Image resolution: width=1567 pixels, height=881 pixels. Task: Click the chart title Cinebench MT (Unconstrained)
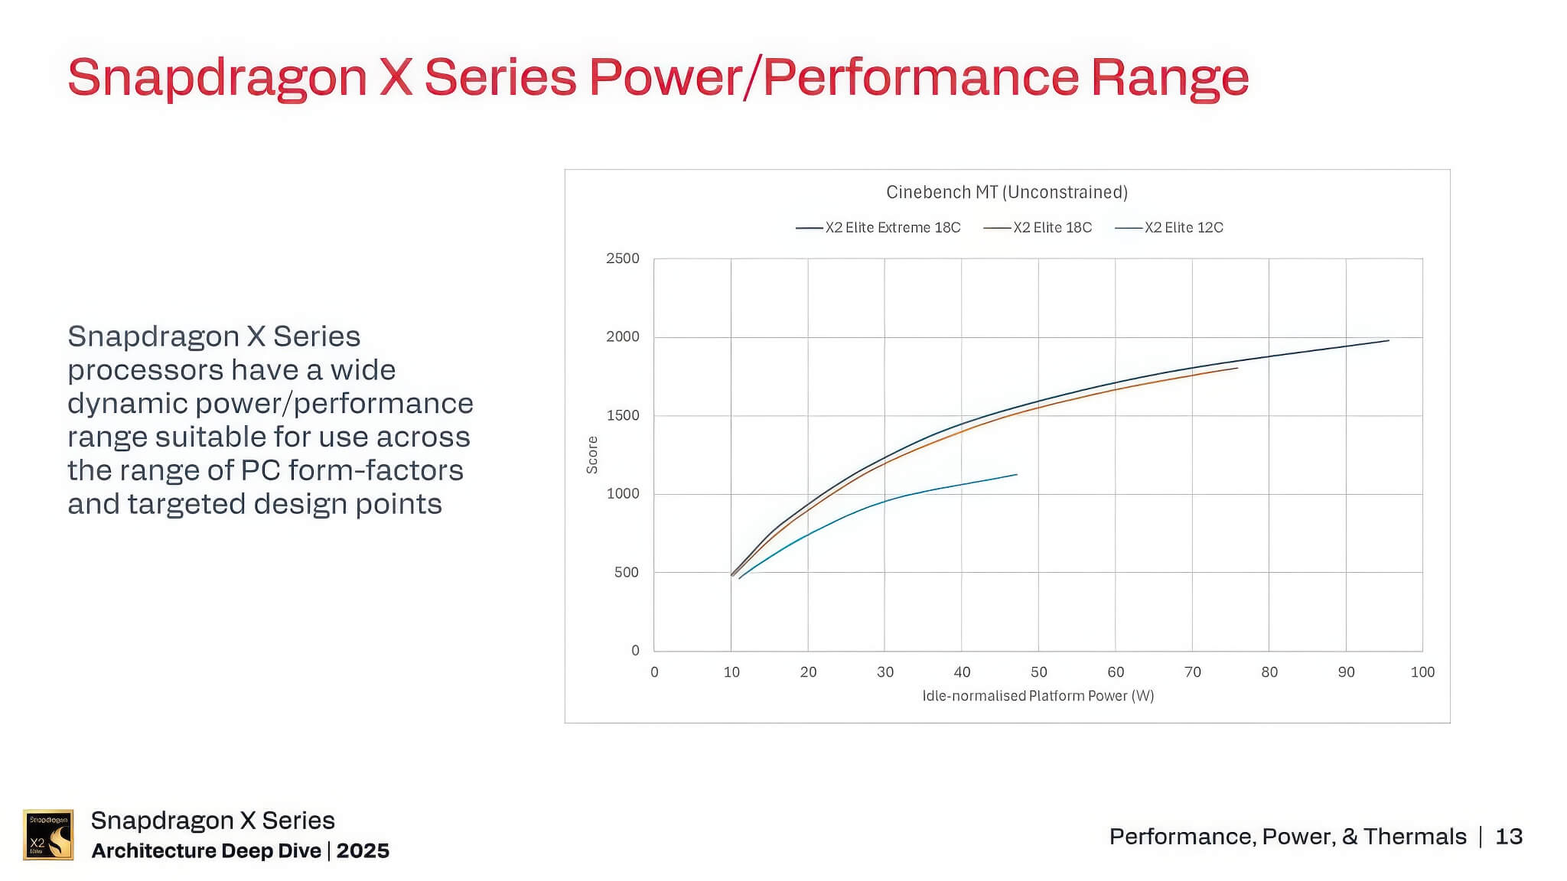[1006, 192]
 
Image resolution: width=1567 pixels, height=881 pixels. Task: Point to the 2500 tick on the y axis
[622, 258]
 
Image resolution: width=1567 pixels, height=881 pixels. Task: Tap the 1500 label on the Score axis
[622, 415]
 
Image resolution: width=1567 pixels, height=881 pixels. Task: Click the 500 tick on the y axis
[626, 572]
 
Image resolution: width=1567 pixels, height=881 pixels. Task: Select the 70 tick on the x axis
[1192, 672]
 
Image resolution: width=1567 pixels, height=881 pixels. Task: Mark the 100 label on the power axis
[1422, 672]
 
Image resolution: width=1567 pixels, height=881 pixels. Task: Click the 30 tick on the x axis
[884, 672]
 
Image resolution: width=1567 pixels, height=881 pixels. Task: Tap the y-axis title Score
[592, 455]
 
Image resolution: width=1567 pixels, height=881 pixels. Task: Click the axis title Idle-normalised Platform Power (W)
[1038, 696]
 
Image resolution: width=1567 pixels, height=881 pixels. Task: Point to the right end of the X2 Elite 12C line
[1017, 475]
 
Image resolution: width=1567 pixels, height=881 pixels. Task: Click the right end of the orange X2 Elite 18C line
[1237, 368]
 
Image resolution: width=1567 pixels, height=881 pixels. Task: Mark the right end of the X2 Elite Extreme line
[1389, 340]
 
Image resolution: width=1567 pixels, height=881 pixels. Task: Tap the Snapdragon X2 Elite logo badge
[48, 834]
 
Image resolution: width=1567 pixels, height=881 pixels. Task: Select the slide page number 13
[1509, 837]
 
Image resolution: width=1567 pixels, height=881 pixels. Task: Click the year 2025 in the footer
[363, 851]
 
